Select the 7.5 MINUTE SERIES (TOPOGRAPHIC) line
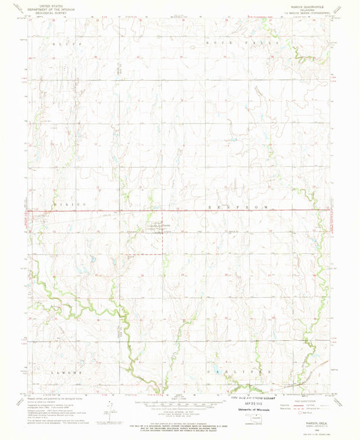tap(307, 12)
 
